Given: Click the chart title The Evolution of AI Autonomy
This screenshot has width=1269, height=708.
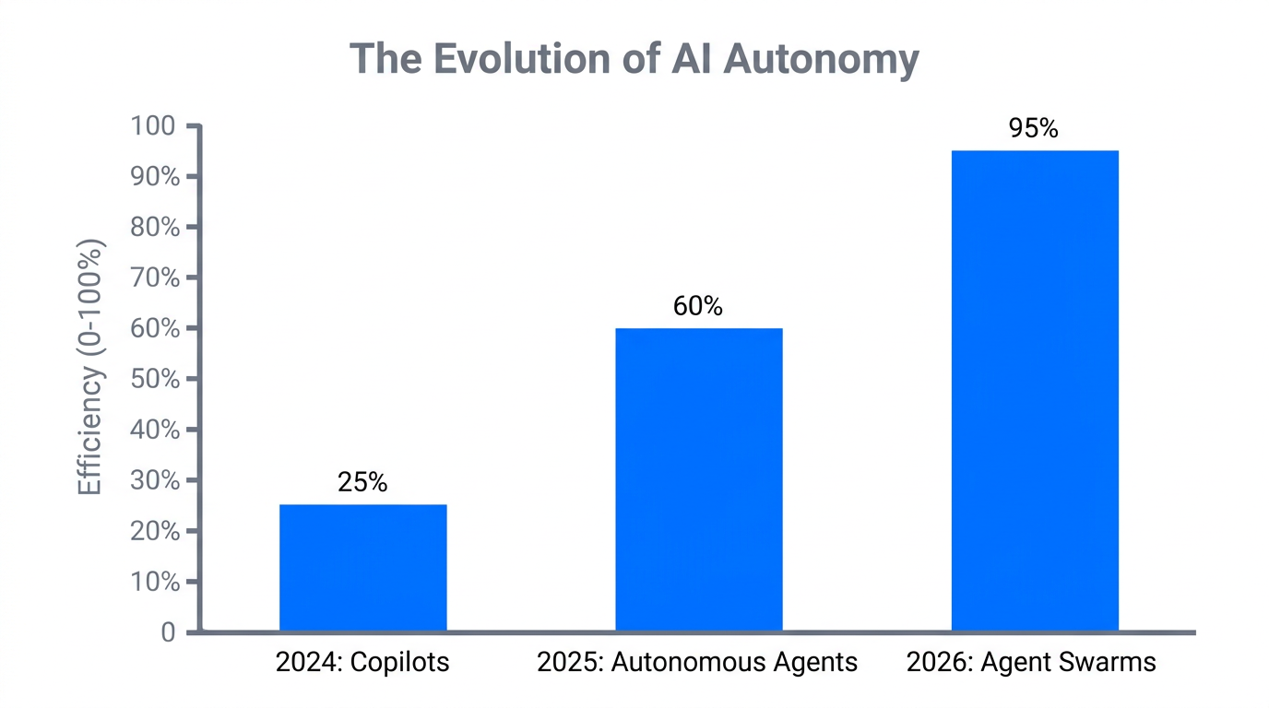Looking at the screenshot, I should (x=634, y=59).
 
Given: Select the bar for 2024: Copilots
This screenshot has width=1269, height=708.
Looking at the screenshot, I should (x=362, y=568).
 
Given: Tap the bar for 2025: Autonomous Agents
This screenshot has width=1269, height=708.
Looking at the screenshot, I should (x=698, y=479).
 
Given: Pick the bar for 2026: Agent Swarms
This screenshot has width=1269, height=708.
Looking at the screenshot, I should (x=1034, y=391).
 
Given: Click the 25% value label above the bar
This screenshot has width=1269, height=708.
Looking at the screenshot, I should (x=362, y=482).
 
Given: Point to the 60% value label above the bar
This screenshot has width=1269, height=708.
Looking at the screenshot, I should (x=698, y=306).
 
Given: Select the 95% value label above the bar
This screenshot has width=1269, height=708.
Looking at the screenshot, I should (x=1034, y=128).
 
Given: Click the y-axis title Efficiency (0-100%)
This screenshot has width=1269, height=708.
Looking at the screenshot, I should (x=89, y=367).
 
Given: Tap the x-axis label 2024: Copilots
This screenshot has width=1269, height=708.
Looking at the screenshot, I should (x=362, y=662).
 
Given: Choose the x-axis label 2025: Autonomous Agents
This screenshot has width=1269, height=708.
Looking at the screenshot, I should (x=697, y=662).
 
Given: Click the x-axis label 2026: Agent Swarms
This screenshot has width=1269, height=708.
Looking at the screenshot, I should (x=1031, y=662).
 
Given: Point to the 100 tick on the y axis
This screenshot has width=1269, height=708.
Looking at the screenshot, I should (x=154, y=126).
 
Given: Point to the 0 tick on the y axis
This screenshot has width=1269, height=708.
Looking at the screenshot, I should (x=168, y=632).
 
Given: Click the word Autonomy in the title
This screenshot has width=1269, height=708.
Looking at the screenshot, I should (x=820, y=59).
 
